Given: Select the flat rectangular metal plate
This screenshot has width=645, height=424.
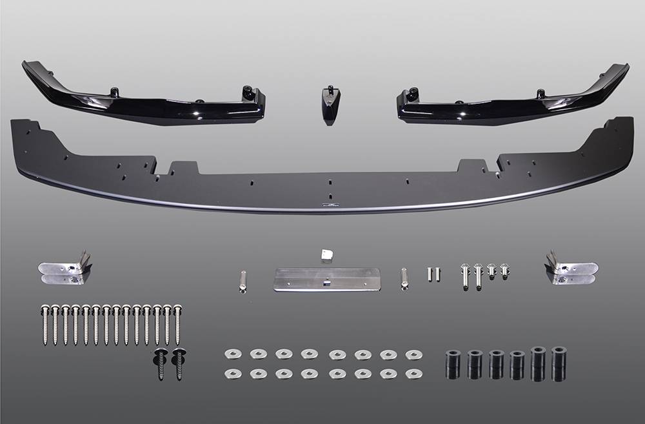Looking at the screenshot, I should pyautogui.click(x=326, y=280).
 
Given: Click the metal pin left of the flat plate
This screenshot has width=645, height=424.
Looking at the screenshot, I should pyautogui.click(x=242, y=280).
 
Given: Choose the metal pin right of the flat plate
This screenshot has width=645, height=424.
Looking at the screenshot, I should pyautogui.click(x=405, y=279).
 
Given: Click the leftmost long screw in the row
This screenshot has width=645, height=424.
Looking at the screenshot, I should pyautogui.click(x=45, y=324).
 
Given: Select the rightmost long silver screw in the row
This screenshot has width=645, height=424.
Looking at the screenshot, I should pyautogui.click(x=177, y=324).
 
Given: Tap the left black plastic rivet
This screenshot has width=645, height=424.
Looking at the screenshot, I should pyautogui.click(x=159, y=363).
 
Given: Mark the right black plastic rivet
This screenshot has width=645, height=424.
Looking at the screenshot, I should pyautogui.click(x=179, y=363).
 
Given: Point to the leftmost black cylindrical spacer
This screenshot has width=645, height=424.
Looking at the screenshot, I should pyautogui.click(x=453, y=365).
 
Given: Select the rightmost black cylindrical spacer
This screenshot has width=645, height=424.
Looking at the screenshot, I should pyautogui.click(x=559, y=363).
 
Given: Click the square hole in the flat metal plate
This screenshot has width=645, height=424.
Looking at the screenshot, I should pyautogui.click(x=327, y=281).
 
